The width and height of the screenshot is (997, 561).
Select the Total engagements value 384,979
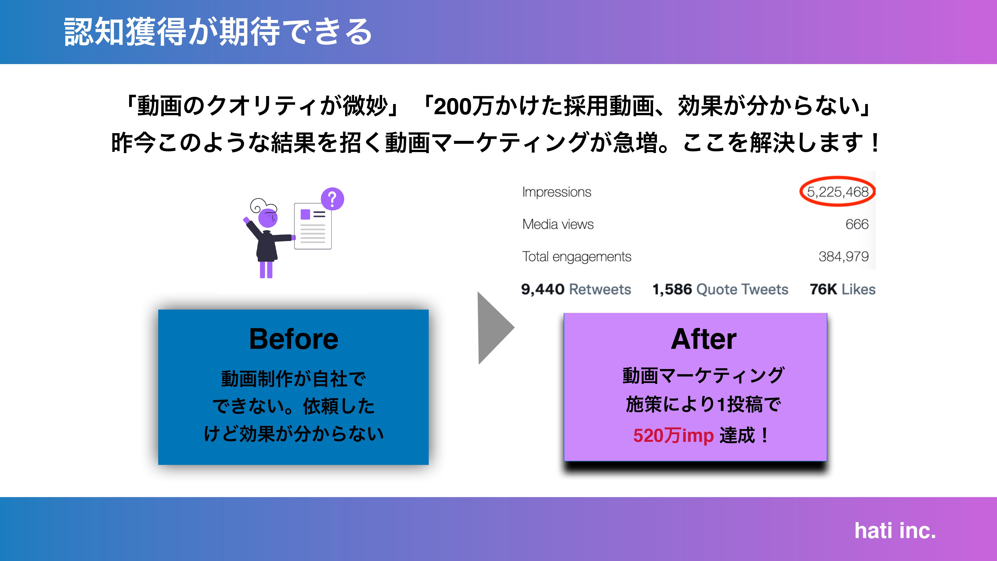[843, 256]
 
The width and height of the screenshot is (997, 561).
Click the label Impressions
[557, 192]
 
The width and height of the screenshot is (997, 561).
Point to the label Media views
[558, 224]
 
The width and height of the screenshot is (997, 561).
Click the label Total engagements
[576, 256]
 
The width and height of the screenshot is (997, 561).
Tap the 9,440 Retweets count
[576, 289]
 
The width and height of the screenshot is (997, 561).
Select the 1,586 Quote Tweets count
[720, 289]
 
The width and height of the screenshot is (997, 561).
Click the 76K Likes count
[842, 289]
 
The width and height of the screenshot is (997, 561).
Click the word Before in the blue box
[293, 339]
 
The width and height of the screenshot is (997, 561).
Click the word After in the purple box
[703, 339]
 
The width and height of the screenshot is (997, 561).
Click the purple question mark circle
[332, 199]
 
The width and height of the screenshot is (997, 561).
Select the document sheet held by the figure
[313, 226]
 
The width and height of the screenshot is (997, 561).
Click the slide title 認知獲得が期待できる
[218, 32]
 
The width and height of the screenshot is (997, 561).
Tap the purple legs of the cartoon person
[266, 270]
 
